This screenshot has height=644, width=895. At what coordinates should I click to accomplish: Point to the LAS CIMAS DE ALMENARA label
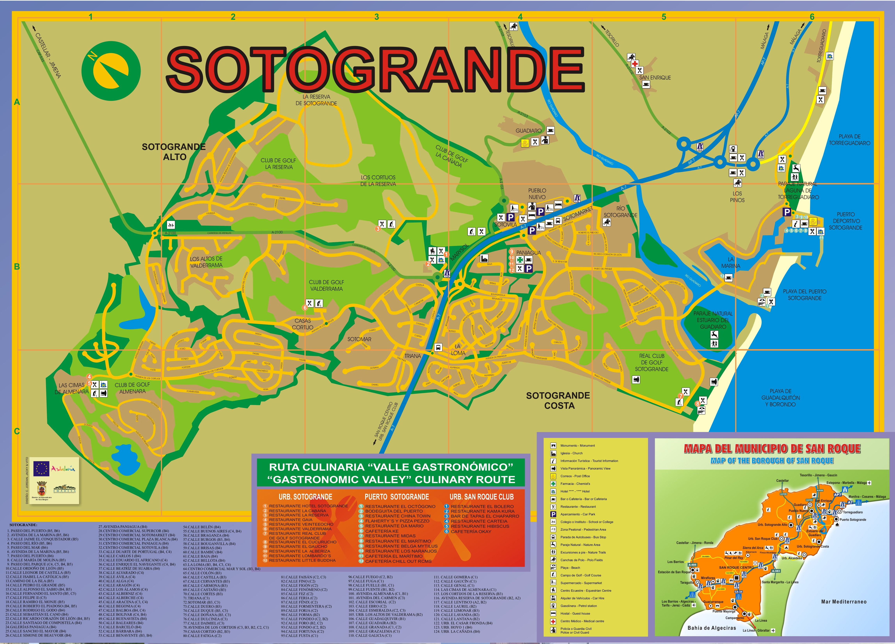click(71, 388)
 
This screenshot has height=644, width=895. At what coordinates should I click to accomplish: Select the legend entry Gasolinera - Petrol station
click(579, 606)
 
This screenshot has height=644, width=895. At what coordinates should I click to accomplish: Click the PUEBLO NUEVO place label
click(537, 194)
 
